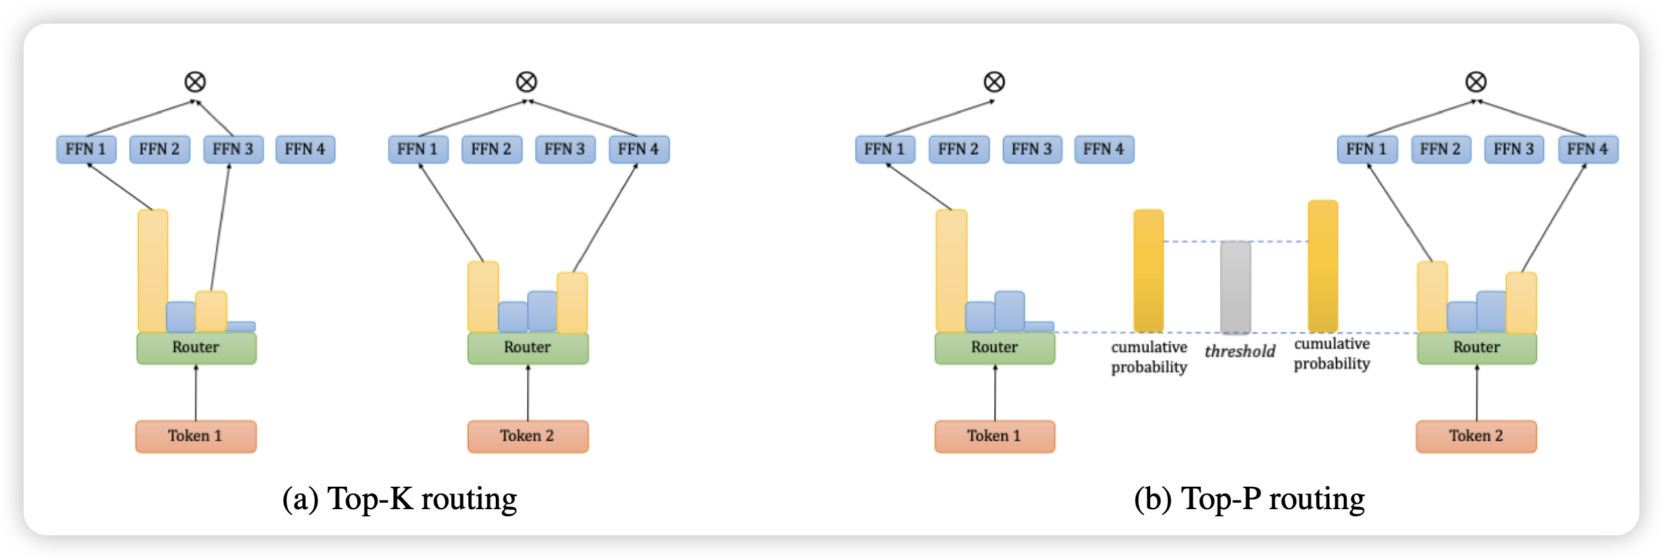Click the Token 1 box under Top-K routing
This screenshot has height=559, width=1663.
pyautogui.click(x=195, y=436)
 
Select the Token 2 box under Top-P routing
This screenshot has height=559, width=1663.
pyautogui.click(x=1475, y=436)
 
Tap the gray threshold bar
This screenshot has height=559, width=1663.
pyautogui.click(x=1235, y=287)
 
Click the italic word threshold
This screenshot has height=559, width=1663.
pyautogui.click(x=1239, y=352)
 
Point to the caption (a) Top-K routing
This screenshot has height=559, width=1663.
pyautogui.click(x=399, y=499)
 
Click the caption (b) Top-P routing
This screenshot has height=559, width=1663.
pyautogui.click(x=1249, y=499)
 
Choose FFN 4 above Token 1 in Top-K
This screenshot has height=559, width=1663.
pyautogui.click(x=305, y=150)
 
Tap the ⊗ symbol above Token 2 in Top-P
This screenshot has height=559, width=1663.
pyautogui.click(x=1475, y=82)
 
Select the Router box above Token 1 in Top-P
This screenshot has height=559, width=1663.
pyautogui.click(x=994, y=348)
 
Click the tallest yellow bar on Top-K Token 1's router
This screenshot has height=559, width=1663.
pyautogui.click(x=153, y=270)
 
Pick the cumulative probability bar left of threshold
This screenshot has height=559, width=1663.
pyautogui.click(x=1148, y=270)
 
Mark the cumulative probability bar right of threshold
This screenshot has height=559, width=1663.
pyautogui.click(x=1323, y=266)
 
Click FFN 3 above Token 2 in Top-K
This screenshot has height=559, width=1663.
pyautogui.click(x=565, y=150)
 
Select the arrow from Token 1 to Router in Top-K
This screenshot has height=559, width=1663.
pyautogui.click(x=196, y=392)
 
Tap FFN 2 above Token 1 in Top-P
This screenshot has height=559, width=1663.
pyautogui.click(x=958, y=150)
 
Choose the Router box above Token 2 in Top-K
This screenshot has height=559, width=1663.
pyautogui.click(x=527, y=348)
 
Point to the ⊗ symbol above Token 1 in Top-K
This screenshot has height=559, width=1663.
pyautogui.click(x=195, y=82)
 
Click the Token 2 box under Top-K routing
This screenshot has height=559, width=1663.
pyautogui.click(x=527, y=436)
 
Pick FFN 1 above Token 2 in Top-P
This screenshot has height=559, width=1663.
pyautogui.click(x=1367, y=150)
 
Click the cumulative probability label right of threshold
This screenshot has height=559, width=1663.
pyautogui.click(x=1331, y=354)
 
